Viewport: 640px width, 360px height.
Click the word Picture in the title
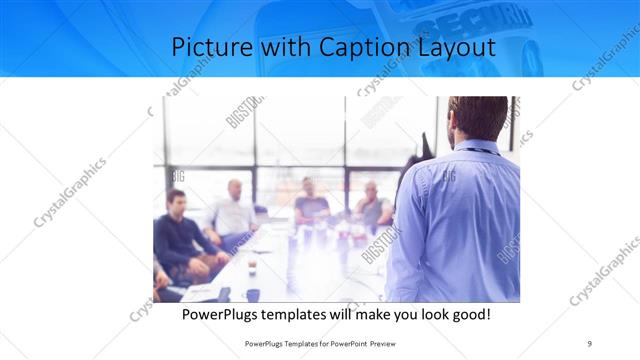[207, 47]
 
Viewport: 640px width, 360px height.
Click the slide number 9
[590, 343]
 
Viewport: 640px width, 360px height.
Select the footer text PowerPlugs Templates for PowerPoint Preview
[320, 343]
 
